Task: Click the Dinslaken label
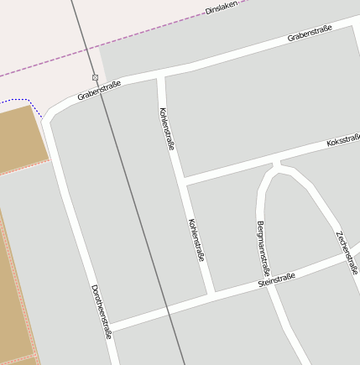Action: pyautogui.click(x=222, y=8)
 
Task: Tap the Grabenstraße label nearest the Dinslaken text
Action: pyautogui.click(x=310, y=33)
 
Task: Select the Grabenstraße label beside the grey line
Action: pyautogui.click(x=99, y=91)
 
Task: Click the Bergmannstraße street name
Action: pyautogui.click(x=262, y=248)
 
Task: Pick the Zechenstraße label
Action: pyautogui.click(x=347, y=253)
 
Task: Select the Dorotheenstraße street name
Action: pyautogui.click(x=101, y=311)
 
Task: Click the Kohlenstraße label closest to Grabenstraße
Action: pyautogui.click(x=166, y=128)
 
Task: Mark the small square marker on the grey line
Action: pyautogui.click(x=95, y=77)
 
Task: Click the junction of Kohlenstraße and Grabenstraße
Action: pyautogui.click(x=161, y=78)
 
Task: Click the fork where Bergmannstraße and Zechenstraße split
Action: pyautogui.click(x=277, y=164)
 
